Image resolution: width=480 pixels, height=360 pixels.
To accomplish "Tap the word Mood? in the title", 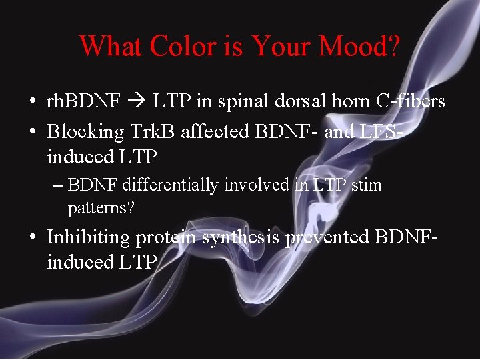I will tap(359, 46).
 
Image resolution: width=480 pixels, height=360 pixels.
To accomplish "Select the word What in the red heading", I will tap(111, 46).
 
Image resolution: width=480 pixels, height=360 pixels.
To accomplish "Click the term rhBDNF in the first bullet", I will tap(83, 101).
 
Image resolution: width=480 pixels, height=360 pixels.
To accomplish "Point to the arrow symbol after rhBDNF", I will tap(137, 102).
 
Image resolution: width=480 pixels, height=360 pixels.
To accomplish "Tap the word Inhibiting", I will tap(89, 237).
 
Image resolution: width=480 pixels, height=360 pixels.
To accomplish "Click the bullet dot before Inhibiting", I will tap(33, 238).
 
